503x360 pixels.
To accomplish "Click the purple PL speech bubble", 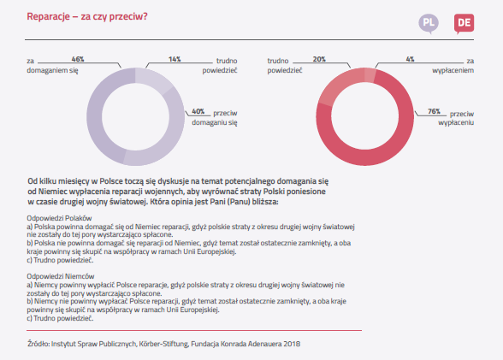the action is tap(429, 23).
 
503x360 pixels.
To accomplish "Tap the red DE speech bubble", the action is tap(464, 23).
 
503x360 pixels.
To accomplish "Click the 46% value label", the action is tap(78, 59).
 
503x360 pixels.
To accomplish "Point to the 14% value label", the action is tap(175, 59).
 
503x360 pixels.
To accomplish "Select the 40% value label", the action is tap(198, 111).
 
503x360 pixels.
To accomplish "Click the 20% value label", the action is tap(319, 59).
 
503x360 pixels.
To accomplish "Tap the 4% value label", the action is tap(410, 59).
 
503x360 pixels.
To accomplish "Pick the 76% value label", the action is tap(434, 111).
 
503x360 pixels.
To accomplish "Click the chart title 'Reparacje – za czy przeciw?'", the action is tap(87, 16).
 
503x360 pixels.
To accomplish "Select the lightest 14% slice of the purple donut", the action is tap(154, 80).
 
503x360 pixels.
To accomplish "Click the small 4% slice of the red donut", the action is tap(370, 75).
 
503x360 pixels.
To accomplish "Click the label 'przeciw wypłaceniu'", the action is tap(456, 118).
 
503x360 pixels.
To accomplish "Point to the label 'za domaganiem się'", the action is tap(52, 66).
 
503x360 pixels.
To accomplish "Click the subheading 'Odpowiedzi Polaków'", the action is tap(59, 218).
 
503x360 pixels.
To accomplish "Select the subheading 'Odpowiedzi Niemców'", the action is tap(61, 276).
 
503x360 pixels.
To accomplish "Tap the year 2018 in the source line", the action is tap(292, 344).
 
